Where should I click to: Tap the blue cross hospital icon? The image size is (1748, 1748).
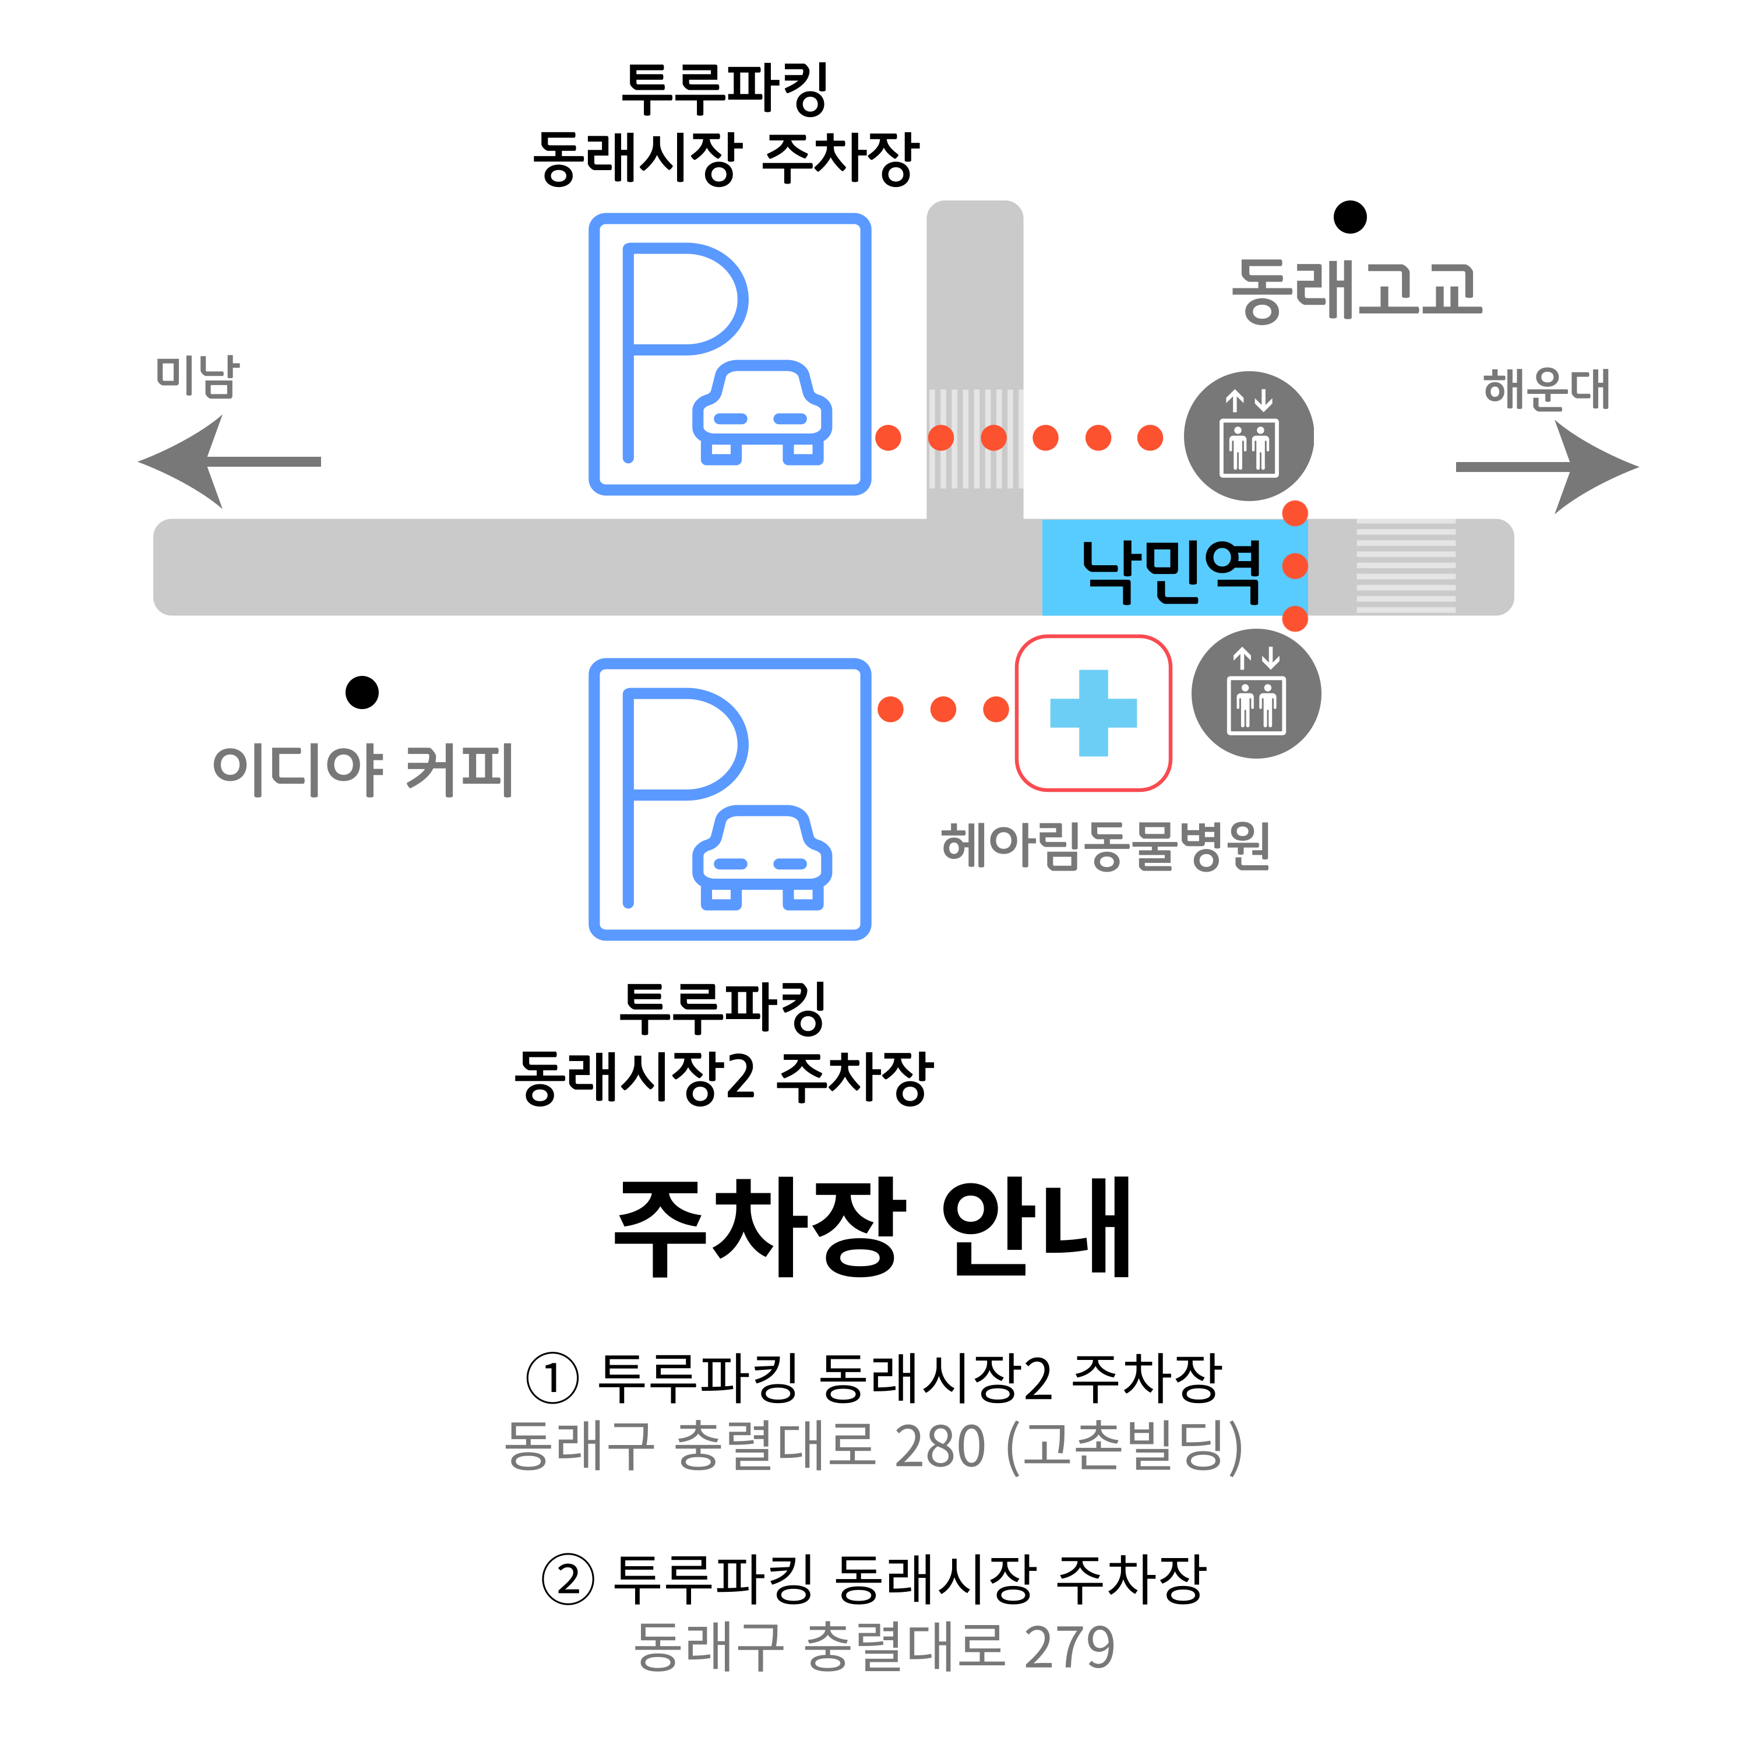tap(1093, 713)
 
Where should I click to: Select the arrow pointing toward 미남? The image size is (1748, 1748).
tap(229, 461)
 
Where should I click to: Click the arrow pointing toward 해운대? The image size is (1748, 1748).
tap(1546, 467)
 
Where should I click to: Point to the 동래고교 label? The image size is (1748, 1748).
tap(1357, 290)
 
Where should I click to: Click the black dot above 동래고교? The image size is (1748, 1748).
tap(1350, 217)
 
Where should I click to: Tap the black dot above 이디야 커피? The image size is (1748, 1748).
tap(362, 692)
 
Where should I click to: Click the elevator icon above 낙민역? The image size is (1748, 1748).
tap(1249, 436)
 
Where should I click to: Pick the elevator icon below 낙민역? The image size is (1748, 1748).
tap(1256, 693)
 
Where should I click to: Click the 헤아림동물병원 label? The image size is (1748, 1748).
tap(1106, 846)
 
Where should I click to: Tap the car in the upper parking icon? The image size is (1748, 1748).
tap(762, 413)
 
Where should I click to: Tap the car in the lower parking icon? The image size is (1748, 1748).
tap(762, 858)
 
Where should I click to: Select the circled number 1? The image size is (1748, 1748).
tap(552, 1379)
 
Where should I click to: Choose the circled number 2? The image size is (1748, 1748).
tap(568, 1579)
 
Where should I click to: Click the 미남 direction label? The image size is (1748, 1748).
tap(198, 375)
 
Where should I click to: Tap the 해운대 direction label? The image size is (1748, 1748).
tap(1547, 390)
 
